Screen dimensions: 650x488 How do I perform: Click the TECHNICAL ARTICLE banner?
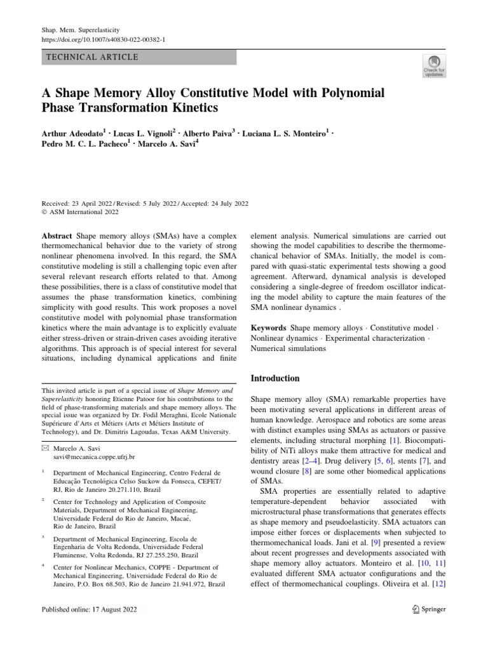point(139,57)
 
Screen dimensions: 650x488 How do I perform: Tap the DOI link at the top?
point(103,39)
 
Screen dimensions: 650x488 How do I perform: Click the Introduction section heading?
point(275,378)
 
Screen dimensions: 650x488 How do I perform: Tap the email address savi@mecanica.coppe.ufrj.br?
point(94,456)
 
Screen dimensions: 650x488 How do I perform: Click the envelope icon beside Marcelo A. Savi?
point(45,448)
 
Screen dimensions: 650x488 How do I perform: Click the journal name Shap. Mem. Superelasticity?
point(80,30)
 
